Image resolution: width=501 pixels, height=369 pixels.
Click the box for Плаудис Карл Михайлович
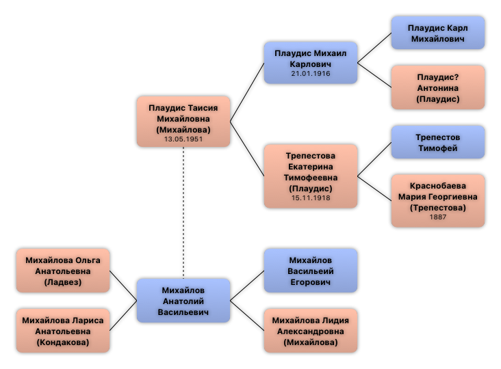click(x=438, y=33)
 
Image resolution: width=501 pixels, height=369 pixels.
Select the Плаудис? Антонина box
click(x=438, y=87)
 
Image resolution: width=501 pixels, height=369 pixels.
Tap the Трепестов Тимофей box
click(x=438, y=142)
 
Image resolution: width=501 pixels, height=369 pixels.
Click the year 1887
click(x=438, y=217)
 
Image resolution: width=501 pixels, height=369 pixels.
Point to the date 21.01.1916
click(x=311, y=74)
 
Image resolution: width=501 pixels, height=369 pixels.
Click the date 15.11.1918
click(x=311, y=198)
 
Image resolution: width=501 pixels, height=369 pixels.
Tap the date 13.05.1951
click(x=183, y=139)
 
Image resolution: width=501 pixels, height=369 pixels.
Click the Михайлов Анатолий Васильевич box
click(x=183, y=301)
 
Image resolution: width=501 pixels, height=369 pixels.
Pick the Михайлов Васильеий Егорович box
click(x=311, y=271)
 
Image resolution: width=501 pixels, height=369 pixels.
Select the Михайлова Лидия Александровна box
click(x=311, y=331)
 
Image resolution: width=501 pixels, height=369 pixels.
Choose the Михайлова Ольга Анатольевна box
click(x=63, y=271)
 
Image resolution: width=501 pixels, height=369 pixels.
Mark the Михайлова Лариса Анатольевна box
click(x=63, y=331)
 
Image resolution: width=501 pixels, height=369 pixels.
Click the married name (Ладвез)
click(x=63, y=282)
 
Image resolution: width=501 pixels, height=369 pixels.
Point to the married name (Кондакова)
click(x=63, y=342)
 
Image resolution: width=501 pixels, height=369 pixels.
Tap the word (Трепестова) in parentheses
click(x=438, y=207)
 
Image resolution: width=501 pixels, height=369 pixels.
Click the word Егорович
click(x=311, y=282)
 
